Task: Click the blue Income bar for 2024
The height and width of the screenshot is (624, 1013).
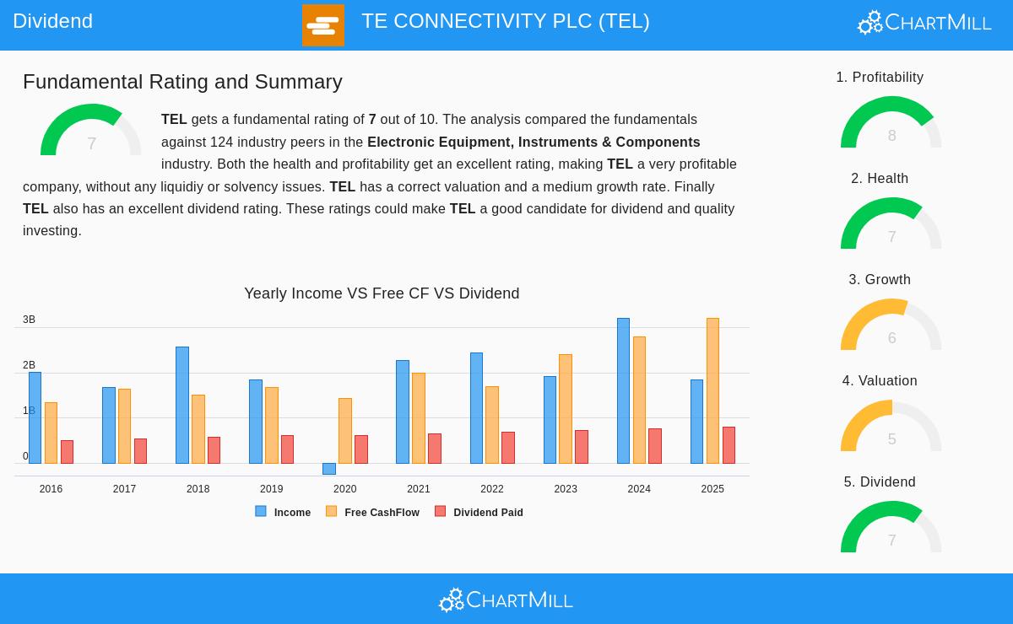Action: click(623, 390)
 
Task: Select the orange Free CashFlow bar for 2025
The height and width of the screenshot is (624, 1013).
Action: click(712, 390)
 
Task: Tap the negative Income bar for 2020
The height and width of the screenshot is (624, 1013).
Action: click(329, 469)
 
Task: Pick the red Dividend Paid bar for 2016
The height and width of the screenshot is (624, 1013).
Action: click(67, 452)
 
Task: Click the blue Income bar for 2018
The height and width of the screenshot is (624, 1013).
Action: click(182, 405)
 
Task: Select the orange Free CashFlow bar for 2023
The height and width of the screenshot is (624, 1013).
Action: click(566, 409)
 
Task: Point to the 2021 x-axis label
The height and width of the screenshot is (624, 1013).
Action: click(418, 489)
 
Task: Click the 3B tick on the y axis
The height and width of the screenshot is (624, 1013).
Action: click(29, 320)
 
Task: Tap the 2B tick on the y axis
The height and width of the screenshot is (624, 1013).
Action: click(29, 365)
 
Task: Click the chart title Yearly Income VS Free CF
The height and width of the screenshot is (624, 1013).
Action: click(382, 293)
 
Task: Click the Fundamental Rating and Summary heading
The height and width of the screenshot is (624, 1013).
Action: click(182, 82)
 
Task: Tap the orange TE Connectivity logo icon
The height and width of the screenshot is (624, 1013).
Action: click(323, 25)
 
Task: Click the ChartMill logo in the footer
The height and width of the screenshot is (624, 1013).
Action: click(506, 600)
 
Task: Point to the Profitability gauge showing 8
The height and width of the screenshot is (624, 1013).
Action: click(891, 124)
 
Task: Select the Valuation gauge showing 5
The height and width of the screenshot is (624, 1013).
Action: click(891, 428)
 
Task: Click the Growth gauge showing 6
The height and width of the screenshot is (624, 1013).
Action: click(891, 326)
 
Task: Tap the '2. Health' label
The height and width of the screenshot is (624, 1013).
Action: click(880, 179)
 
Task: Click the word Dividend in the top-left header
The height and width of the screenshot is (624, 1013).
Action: click(52, 21)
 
